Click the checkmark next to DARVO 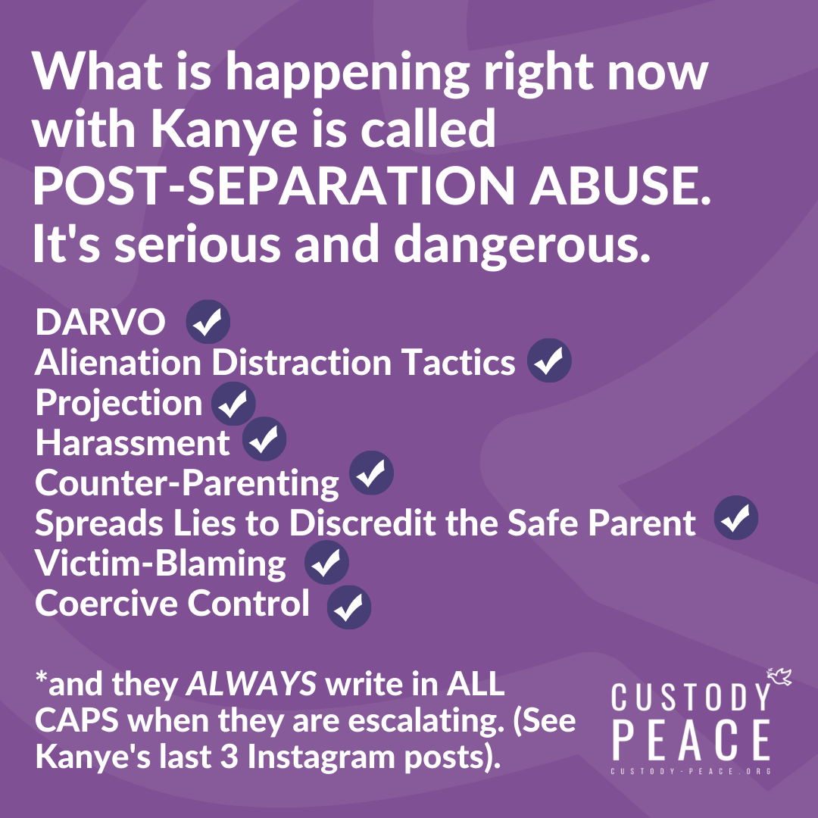[208, 321]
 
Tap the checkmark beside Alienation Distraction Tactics [549, 361]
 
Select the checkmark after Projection [233, 404]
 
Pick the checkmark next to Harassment [264, 439]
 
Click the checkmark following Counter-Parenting [371, 473]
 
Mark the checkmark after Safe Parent [736, 517]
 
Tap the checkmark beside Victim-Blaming [326, 562]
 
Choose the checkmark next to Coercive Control [349, 607]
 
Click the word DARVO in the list [100, 322]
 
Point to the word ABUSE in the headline [620, 186]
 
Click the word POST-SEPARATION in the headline [274, 186]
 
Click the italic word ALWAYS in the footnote [251, 683]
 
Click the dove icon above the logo [779, 676]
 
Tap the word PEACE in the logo [692, 740]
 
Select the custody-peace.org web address [692, 771]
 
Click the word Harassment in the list [133, 443]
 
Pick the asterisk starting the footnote [41, 678]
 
